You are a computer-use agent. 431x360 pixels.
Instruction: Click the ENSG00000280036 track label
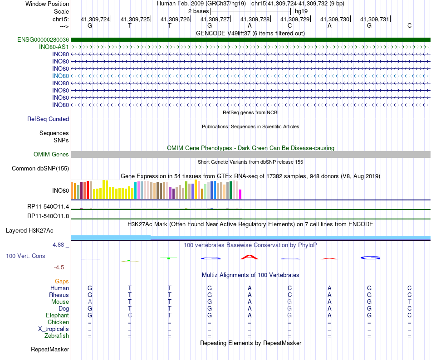(43, 39)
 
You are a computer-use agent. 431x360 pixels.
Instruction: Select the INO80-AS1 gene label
(54, 47)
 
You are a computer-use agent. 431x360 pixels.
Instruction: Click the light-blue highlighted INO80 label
(60, 76)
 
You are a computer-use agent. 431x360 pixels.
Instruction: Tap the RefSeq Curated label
(48, 119)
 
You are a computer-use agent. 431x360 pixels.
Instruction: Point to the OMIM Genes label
(51, 154)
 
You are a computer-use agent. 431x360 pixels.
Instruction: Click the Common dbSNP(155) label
(40, 168)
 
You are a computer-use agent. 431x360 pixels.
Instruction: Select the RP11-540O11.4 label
(48, 206)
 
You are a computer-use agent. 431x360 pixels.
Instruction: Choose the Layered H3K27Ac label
(29, 231)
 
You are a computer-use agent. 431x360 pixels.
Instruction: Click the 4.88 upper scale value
(58, 245)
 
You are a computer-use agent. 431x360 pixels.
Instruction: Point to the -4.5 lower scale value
(59, 267)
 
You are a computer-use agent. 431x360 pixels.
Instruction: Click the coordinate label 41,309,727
(215, 19)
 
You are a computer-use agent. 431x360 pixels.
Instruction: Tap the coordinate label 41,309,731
(375, 19)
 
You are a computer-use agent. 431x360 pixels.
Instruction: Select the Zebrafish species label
(57, 336)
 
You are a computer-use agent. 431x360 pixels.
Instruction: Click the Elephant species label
(58, 315)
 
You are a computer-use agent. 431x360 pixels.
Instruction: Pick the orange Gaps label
(62, 281)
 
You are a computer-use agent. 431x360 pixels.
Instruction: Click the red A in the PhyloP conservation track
(250, 257)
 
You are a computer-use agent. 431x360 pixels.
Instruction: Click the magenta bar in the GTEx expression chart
(240, 194)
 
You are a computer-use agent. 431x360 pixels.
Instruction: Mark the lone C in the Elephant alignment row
(130, 315)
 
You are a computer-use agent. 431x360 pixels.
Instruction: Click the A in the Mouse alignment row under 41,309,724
(90, 302)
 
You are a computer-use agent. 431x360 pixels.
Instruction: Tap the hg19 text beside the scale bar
(301, 11)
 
